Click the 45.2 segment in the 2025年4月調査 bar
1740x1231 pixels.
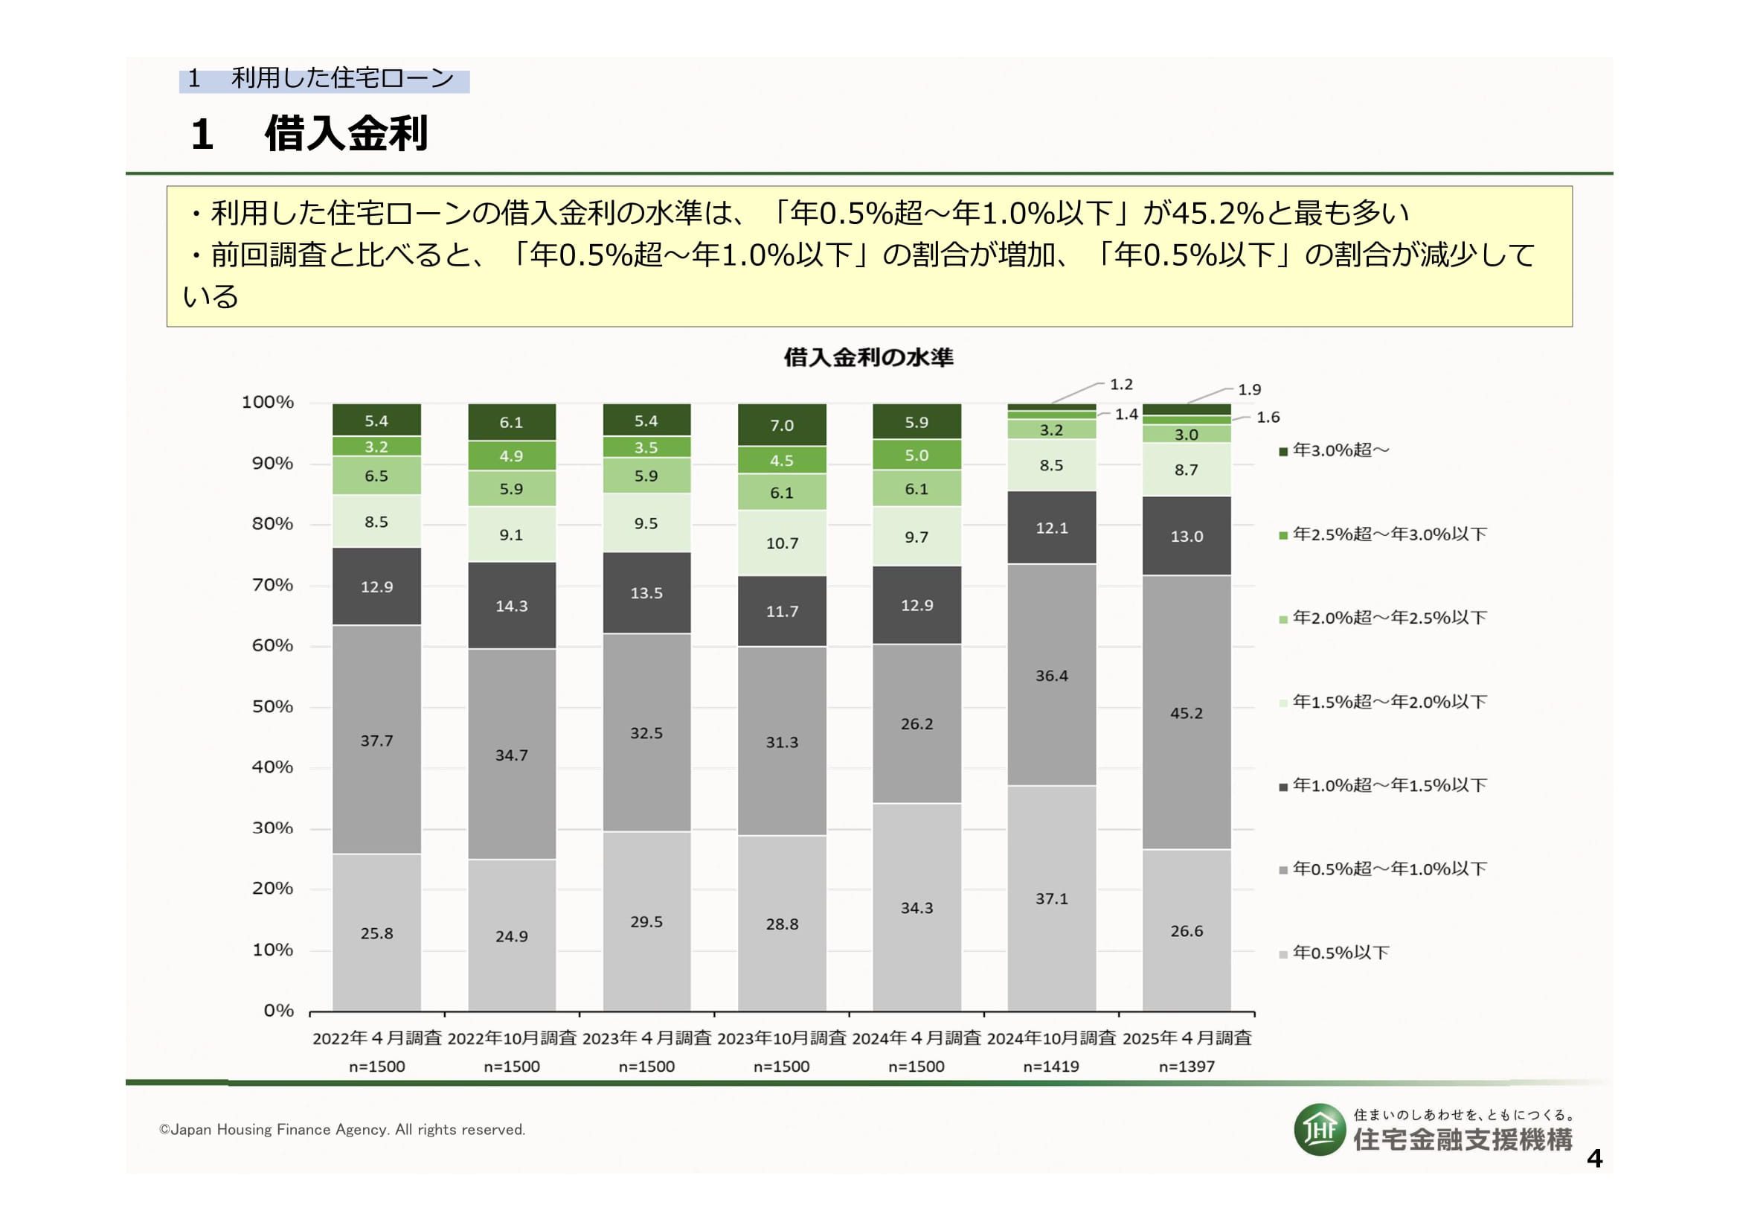coord(1186,712)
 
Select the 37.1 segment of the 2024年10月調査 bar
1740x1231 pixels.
coord(1051,898)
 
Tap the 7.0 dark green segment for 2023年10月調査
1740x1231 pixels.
coord(781,425)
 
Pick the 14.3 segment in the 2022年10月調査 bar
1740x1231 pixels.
coord(512,606)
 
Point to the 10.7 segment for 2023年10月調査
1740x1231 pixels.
coord(781,543)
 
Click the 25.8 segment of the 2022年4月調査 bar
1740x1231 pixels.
coord(376,933)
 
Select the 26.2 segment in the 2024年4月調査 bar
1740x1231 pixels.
coord(916,724)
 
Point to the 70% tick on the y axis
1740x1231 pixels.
coord(272,585)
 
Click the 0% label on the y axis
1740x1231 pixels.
coord(278,1011)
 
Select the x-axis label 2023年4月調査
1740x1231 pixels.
coord(646,1037)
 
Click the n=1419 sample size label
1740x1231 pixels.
coord(1051,1067)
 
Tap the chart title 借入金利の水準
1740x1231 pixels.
coord(868,357)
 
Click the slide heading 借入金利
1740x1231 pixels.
coord(347,134)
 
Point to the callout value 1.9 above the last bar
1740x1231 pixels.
coord(1249,389)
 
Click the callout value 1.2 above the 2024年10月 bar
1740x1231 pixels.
coord(1121,384)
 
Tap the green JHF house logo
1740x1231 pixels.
coord(1320,1131)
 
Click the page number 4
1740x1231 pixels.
coord(1594,1159)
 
